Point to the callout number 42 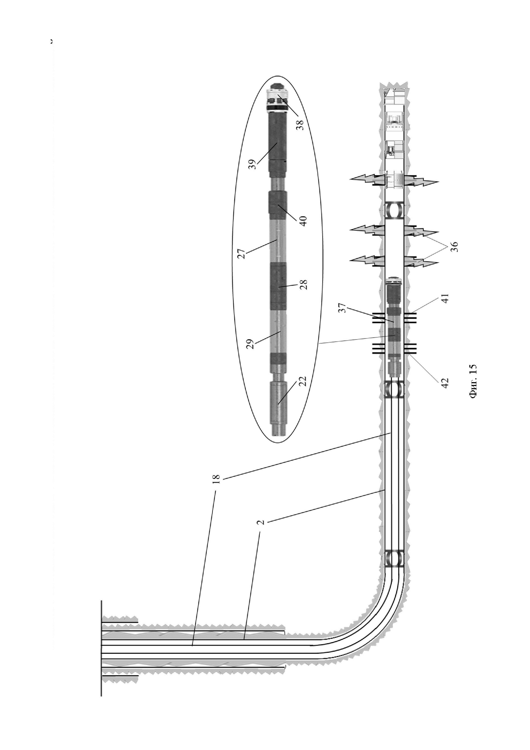tap(445, 382)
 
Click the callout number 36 tap(455, 246)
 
